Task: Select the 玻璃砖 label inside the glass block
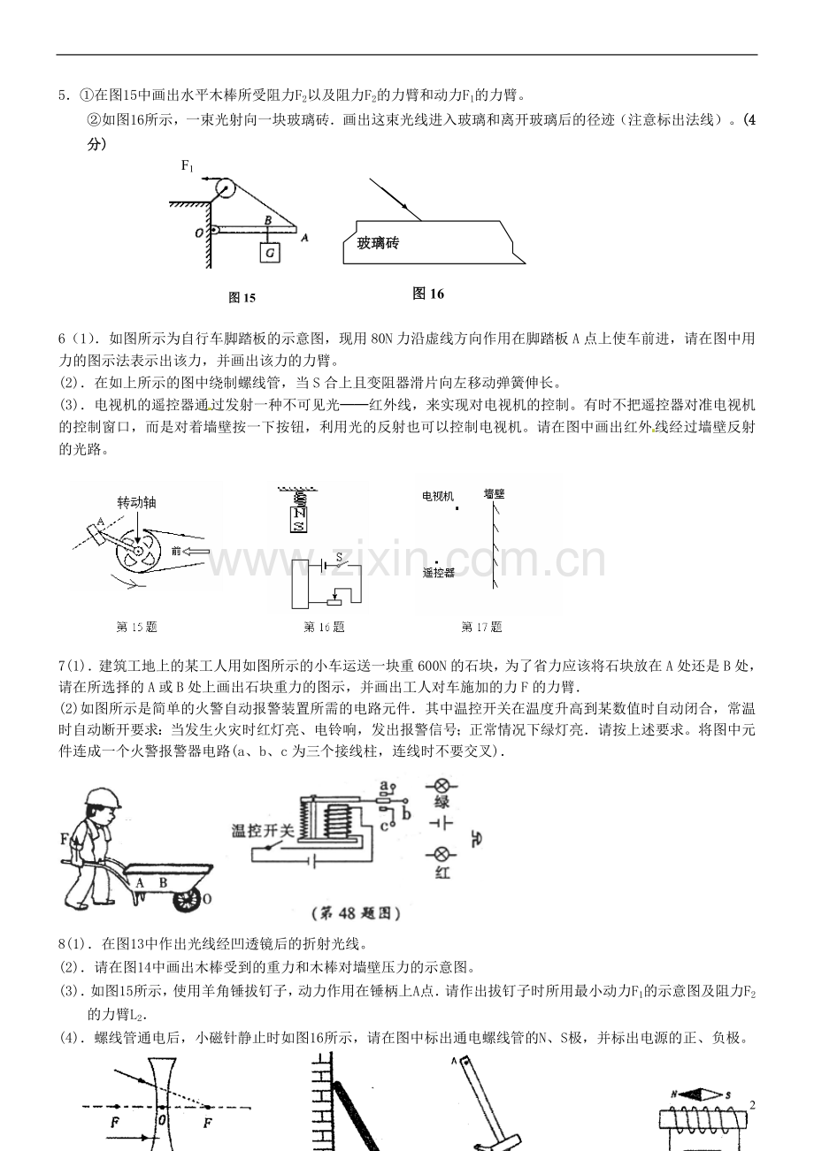tap(378, 243)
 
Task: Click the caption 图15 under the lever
tap(242, 299)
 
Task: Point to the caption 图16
tap(428, 294)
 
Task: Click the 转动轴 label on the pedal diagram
tap(136, 501)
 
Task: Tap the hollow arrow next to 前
tap(196, 553)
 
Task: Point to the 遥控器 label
tap(439, 572)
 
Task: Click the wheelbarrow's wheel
tap(186, 898)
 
